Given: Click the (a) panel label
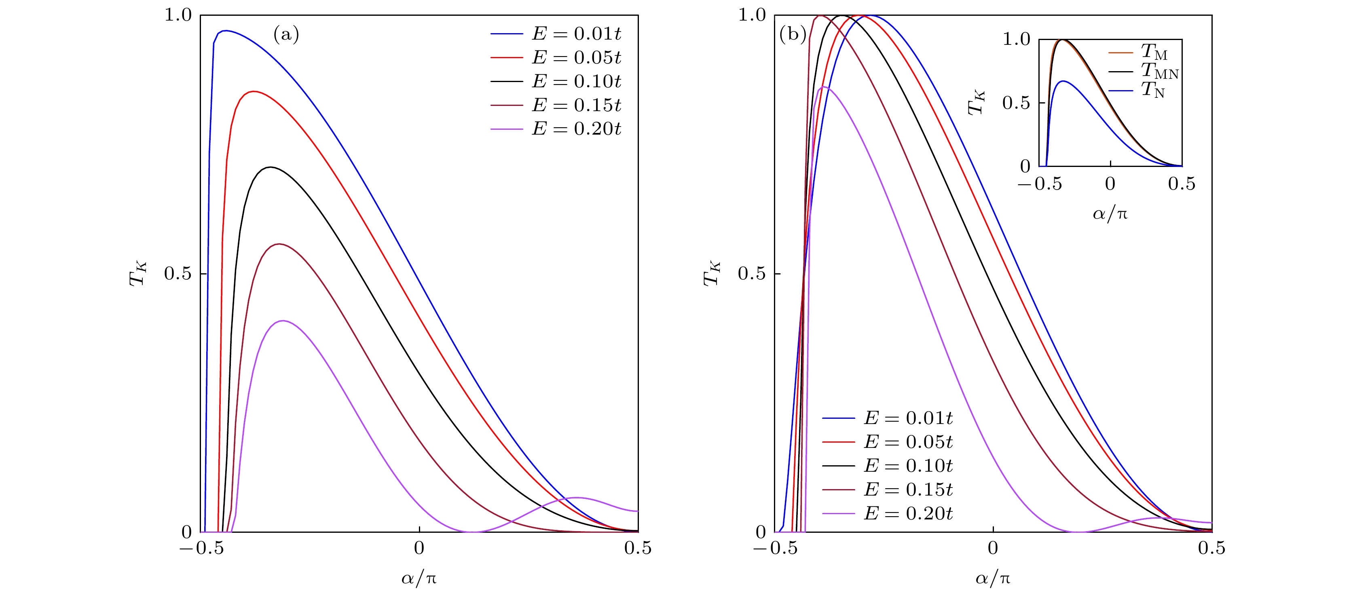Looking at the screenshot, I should click(286, 35).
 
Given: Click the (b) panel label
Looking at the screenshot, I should click(793, 35).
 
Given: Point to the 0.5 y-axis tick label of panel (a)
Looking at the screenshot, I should click(178, 274).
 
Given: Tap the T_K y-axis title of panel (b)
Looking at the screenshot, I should click(711, 274).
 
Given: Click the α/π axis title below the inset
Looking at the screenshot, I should click(1110, 214).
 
